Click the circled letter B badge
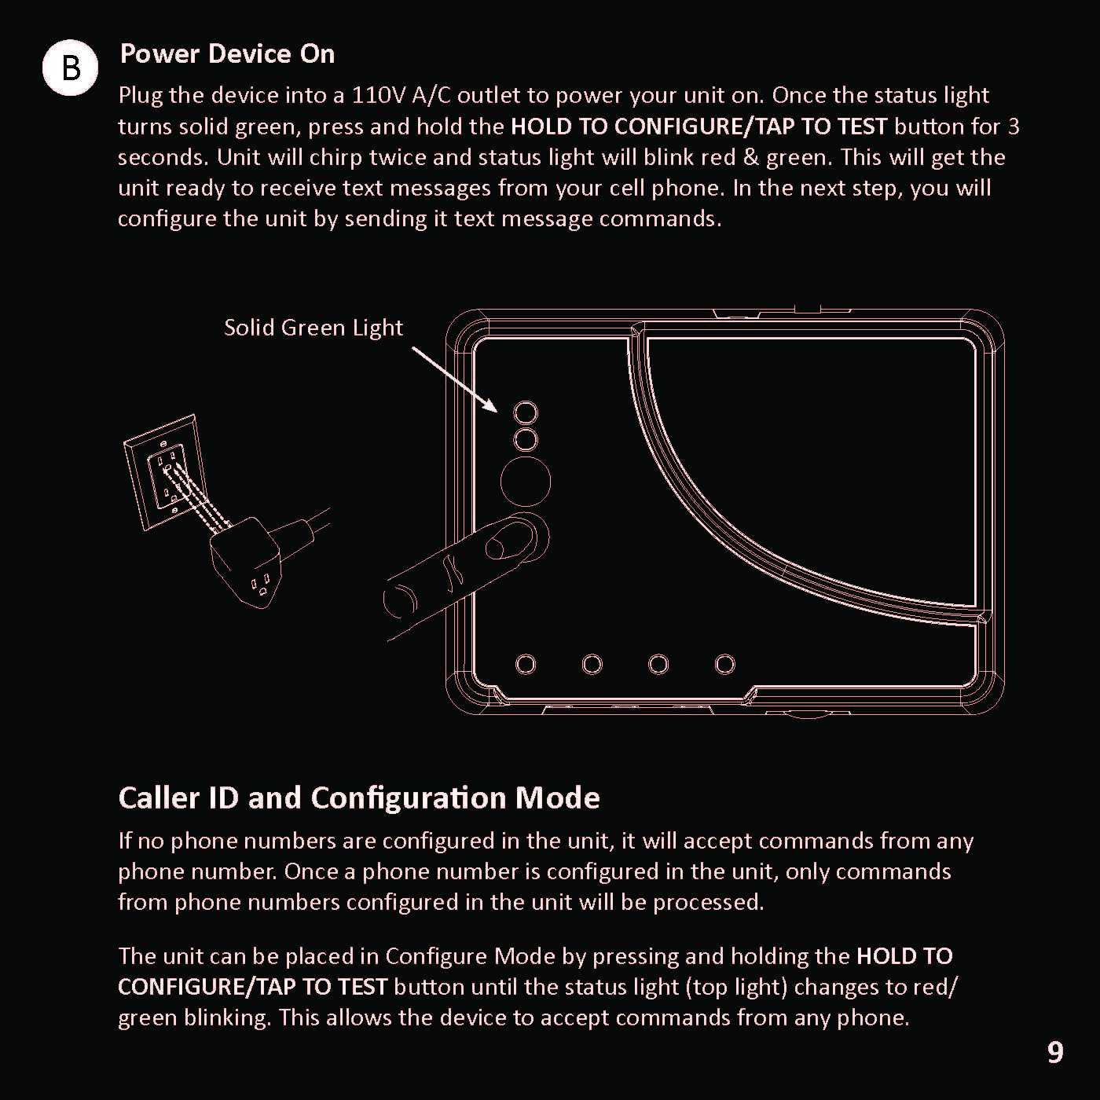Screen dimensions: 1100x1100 click(x=70, y=68)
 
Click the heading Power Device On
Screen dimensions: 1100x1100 click(x=227, y=53)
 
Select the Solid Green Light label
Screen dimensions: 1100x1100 click(x=313, y=327)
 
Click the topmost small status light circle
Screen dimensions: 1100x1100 click(x=526, y=412)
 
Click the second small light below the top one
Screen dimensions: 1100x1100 click(x=526, y=439)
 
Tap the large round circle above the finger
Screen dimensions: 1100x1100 click(x=526, y=482)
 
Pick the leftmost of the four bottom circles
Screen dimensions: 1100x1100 click(x=526, y=665)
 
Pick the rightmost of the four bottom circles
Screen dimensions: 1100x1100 click(x=725, y=665)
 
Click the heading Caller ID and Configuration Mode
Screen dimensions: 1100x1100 click(x=359, y=797)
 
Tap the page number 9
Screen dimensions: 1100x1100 click(x=1055, y=1052)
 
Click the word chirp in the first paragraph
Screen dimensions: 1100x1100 click(x=335, y=157)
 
